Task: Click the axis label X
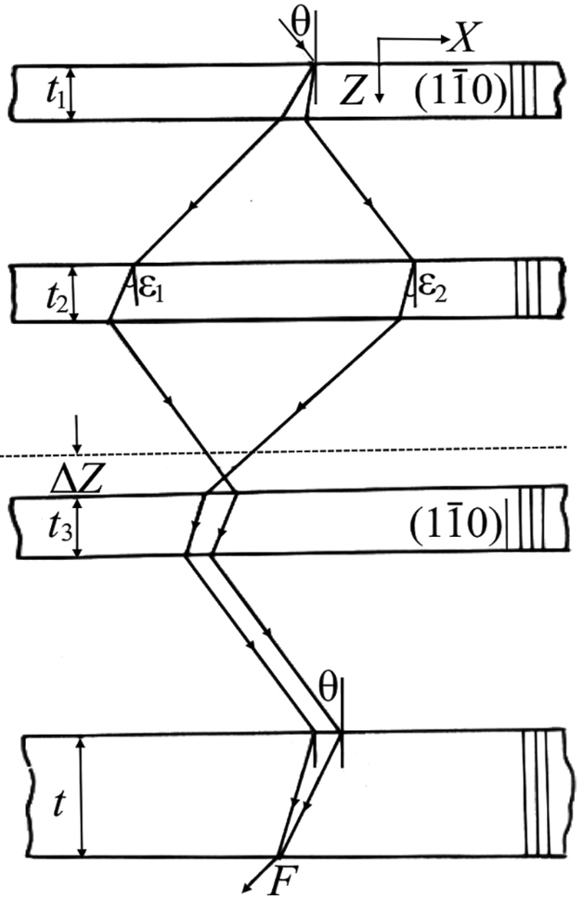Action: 460,40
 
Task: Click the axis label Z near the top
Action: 352,92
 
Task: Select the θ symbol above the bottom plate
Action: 328,689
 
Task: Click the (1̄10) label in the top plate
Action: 460,91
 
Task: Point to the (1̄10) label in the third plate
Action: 456,525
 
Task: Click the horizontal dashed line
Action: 283,451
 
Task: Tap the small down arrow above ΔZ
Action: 77,435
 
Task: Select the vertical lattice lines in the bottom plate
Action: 536,794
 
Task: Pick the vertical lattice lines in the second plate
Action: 528,290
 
